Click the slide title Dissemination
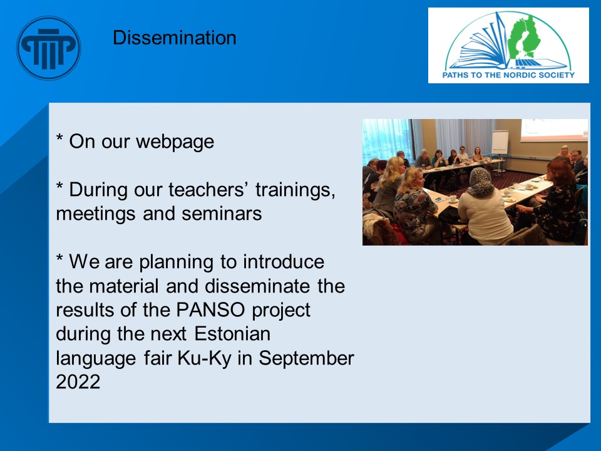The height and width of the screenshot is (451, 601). coord(175,38)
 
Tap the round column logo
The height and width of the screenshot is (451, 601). coord(48,48)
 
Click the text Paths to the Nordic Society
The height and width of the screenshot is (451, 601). coord(508,75)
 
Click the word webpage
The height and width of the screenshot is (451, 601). coord(175,142)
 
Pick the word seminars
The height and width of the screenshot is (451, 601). coord(222,214)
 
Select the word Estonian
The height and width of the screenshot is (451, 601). coord(232,334)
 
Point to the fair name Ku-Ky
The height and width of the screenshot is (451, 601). coord(204,358)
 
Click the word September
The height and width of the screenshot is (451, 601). coord(306,359)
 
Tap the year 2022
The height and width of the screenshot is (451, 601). coord(78,382)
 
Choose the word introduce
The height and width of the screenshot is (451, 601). coord(284,262)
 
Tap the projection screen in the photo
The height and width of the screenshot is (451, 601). coord(554,130)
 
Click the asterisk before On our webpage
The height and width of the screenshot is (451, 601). coord(59,137)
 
